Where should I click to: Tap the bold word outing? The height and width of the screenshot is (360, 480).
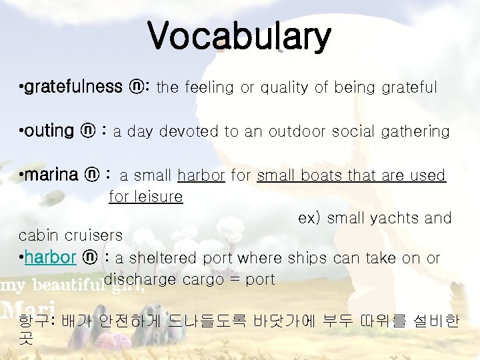click(49, 131)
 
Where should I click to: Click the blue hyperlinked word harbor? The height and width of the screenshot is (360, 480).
click(51, 258)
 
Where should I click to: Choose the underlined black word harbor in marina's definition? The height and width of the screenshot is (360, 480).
click(201, 175)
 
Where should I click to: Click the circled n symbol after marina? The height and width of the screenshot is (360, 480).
click(91, 175)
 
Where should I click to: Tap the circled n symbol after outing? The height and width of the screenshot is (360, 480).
click(87, 131)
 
